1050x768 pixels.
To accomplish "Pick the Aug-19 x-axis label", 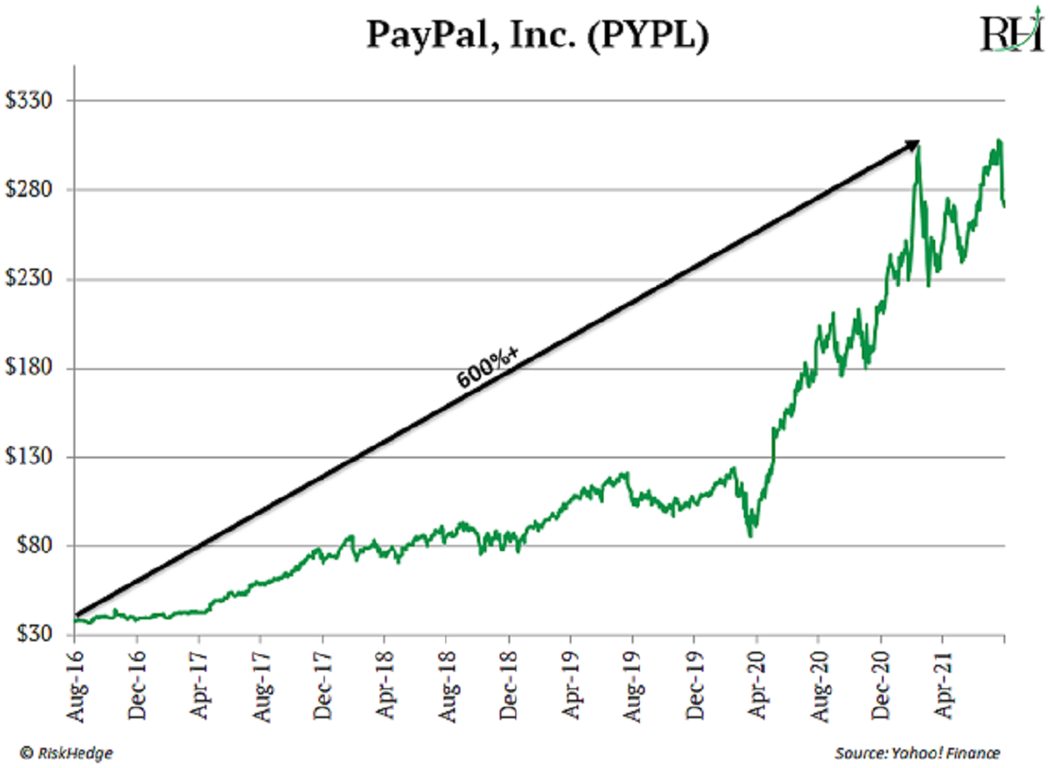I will [632, 680].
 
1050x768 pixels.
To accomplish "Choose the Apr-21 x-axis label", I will [942, 680].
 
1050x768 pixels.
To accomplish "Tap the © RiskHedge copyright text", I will [67, 751].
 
